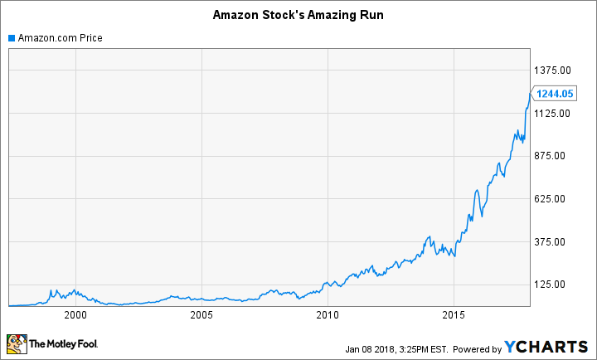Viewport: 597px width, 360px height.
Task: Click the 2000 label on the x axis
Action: (x=75, y=315)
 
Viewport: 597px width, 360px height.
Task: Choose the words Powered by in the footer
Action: (x=476, y=348)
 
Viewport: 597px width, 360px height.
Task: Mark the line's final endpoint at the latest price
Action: (x=530, y=94)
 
